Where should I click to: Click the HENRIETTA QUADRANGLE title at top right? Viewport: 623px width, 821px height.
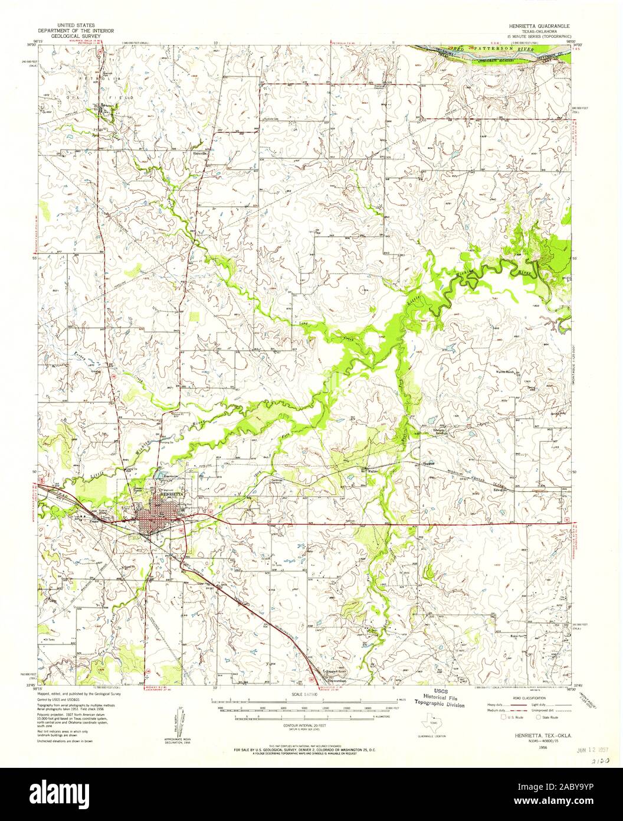(543, 27)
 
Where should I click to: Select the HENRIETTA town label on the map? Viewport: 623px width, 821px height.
(168, 493)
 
